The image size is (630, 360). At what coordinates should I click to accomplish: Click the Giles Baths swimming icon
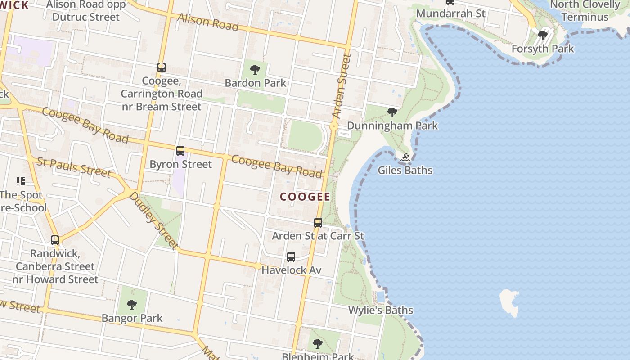tap(405, 157)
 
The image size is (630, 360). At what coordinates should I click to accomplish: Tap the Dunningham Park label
tap(392, 126)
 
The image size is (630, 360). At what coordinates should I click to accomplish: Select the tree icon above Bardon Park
tap(255, 70)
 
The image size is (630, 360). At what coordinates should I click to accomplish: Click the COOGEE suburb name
tap(305, 197)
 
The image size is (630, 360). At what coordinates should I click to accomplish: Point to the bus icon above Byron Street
tap(180, 151)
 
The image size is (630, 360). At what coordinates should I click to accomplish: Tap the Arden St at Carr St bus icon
tap(318, 222)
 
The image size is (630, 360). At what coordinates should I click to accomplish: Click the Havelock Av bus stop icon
tap(291, 257)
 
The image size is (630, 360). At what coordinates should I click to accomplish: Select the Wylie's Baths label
tap(381, 310)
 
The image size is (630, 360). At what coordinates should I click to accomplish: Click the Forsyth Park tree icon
tap(543, 35)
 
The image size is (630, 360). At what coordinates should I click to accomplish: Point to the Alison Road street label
tap(208, 22)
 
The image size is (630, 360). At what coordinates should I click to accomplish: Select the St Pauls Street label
tap(74, 167)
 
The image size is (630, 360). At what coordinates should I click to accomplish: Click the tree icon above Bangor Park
tap(132, 305)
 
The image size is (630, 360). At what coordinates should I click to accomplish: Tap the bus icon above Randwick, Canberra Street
tap(55, 240)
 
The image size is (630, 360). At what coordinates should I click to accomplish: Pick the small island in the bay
tap(509, 302)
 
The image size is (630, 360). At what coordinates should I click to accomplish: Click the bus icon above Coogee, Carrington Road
tap(162, 67)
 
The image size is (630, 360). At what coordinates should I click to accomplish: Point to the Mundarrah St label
tap(450, 13)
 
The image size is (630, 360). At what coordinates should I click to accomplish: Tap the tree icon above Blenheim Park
tap(318, 344)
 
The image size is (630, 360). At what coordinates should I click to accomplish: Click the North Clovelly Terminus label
tap(585, 10)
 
